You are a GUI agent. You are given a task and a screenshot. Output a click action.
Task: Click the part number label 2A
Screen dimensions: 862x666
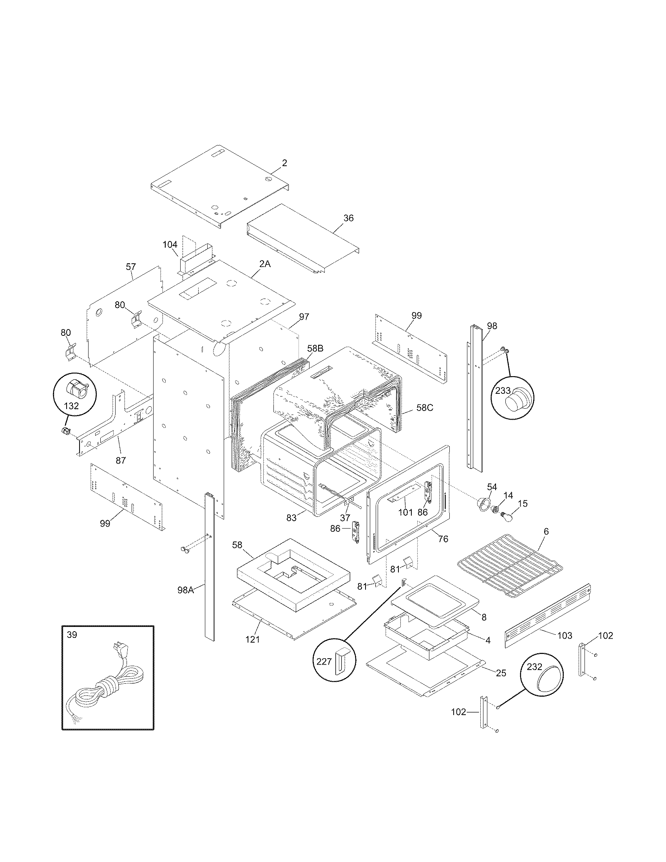265,264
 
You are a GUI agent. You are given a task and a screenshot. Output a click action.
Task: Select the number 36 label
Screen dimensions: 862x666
348,218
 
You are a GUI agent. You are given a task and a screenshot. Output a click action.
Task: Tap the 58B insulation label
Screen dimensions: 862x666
315,348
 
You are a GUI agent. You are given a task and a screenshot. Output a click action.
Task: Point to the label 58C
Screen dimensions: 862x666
425,408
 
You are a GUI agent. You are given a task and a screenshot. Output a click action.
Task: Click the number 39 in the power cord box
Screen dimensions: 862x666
72,635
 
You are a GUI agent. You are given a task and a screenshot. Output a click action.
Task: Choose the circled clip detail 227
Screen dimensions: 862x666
335,661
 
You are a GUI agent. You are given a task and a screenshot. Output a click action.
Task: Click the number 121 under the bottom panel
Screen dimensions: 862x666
253,639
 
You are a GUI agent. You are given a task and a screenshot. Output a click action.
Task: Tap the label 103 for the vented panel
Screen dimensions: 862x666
565,636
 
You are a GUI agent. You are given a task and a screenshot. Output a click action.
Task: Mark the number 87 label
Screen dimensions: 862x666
121,460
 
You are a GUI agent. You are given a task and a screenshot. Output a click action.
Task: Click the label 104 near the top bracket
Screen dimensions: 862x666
170,245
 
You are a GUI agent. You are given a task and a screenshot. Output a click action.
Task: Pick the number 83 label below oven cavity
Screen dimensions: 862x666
291,518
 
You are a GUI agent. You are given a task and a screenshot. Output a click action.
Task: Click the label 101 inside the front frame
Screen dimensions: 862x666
405,512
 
